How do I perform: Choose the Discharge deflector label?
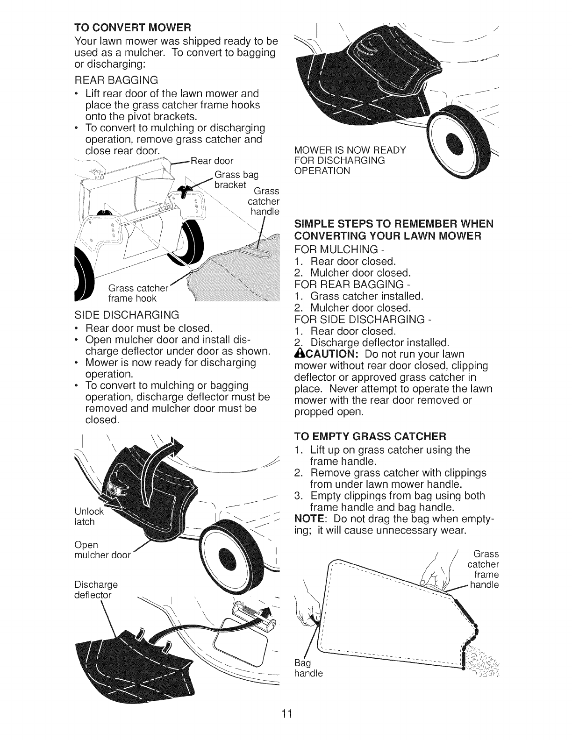pyautogui.click(x=96, y=590)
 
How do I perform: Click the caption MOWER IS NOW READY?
pyautogui.click(x=350, y=150)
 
